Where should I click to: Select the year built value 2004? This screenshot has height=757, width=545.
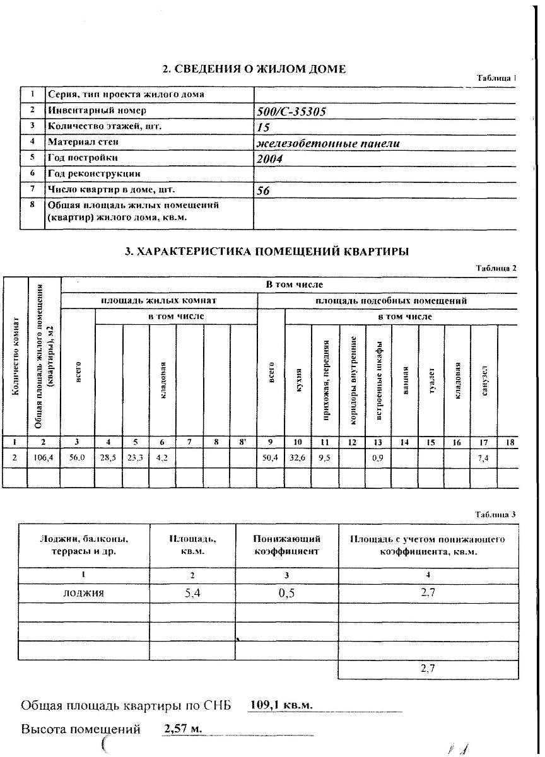(x=269, y=159)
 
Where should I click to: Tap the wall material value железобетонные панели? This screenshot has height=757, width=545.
(x=328, y=143)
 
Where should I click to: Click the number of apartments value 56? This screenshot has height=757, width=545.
(x=264, y=191)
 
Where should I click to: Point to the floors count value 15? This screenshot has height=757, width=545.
(x=264, y=127)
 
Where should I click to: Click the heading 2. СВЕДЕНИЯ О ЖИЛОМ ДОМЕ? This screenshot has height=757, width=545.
(x=254, y=69)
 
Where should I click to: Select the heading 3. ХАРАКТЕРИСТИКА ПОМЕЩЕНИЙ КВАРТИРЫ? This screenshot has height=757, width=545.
(x=267, y=251)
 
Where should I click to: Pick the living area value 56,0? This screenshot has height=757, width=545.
(x=77, y=458)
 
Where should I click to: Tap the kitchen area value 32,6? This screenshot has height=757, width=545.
(x=297, y=458)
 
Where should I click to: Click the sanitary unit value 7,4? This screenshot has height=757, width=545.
(x=483, y=458)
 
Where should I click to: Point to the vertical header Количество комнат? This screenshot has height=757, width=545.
(x=15, y=356)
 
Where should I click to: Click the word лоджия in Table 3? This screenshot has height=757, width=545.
(x=83, y=593)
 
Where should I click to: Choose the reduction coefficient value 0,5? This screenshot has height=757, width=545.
(x=286, y=593)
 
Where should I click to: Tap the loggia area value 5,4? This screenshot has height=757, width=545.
(x=192, y=593)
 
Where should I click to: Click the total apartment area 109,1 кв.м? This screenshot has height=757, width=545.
(x=281, y=705)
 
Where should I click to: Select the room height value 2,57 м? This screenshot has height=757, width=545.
(x=182, y=729)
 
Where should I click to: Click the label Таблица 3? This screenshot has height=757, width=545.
(x=496, y=515)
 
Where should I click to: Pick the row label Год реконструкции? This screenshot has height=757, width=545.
(x=94, y=173)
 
